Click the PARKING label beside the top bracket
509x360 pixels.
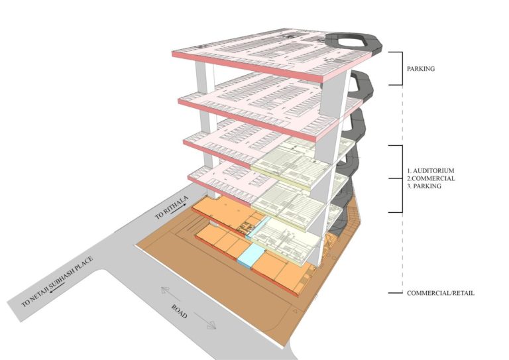click(x=421, y=69)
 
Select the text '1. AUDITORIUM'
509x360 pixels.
click(x=431, y=170)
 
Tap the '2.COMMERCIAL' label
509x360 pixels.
click(x=431, y=178)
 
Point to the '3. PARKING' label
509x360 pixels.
click(x=424, y=186)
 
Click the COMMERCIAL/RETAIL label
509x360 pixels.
click(x=441, y=293)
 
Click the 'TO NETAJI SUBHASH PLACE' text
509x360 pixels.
click(x=57, y=282)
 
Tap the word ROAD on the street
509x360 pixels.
click(x=180, y=312)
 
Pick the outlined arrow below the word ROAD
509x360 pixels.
click(x=205, y=321)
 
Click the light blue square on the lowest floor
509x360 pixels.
click(x=251, y=255)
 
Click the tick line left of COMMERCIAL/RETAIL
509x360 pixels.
click(x=396, y=293)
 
